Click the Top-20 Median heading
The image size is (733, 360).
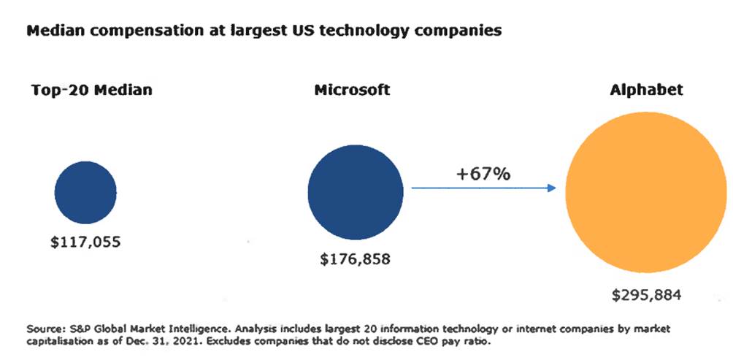92,91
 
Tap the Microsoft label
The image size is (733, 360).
352,91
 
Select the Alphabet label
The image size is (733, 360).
646,91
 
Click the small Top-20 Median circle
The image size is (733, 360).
85,192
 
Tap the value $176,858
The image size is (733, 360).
355,259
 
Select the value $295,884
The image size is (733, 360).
646,296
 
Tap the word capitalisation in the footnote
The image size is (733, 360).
59,340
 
